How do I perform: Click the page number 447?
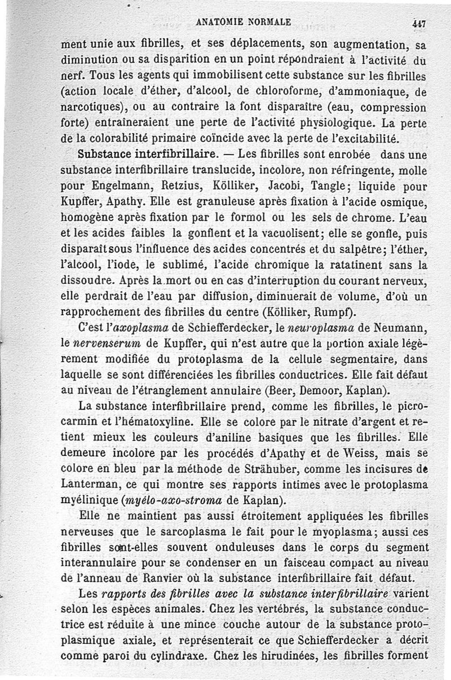tap(418, 24)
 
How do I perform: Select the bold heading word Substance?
tap(103, 153)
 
